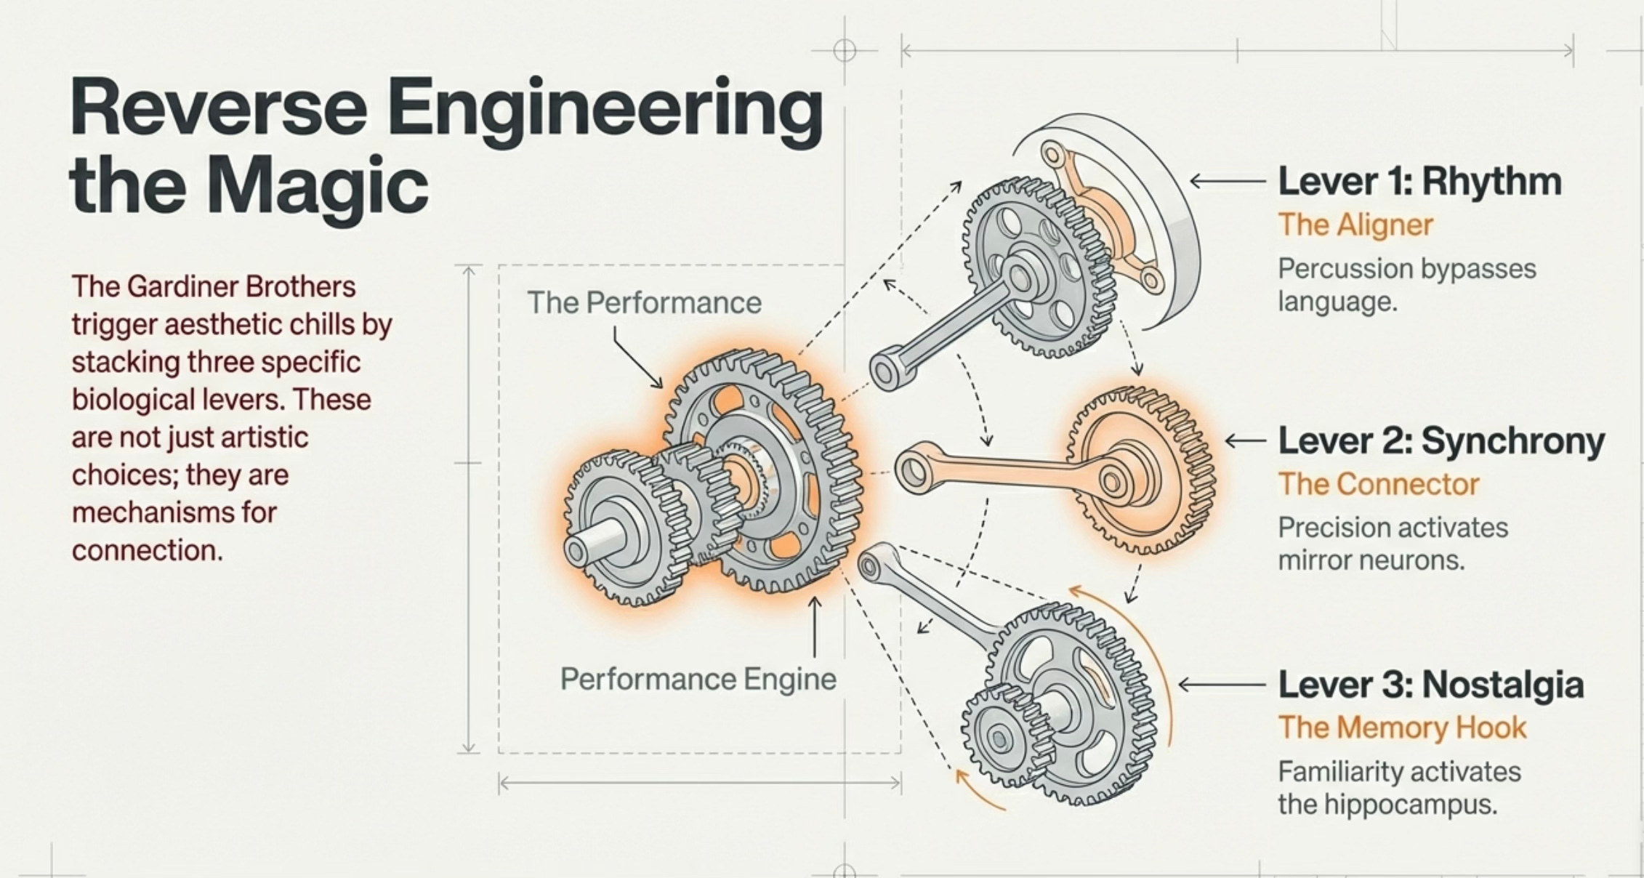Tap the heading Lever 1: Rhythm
(1419, 181)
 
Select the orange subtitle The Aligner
(1355, 225)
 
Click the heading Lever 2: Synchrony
(1440, 440)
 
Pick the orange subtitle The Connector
(1378, 484)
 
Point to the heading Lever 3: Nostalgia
(1430, 685)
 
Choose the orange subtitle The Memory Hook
(1402, 728)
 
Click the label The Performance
(644, 303)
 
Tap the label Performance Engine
(698, 680)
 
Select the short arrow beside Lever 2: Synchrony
(1245, 440)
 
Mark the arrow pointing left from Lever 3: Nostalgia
(1221, 685)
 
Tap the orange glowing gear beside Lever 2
(1141, 472)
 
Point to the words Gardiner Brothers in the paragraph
(241, 286)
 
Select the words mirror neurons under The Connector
(1371, 560)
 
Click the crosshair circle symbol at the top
(844, 51)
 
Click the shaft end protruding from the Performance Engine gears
(578, 551)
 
